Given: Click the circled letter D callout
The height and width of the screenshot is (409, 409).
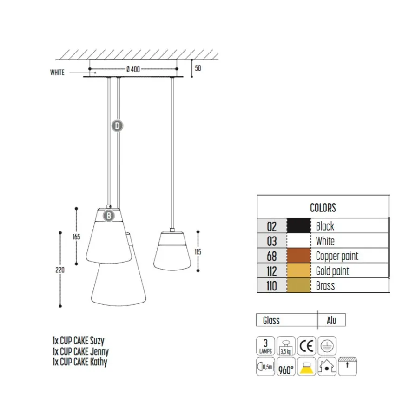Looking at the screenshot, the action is tap(118, 126).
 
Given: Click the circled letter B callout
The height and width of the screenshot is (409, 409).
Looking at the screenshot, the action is tap(109, 216).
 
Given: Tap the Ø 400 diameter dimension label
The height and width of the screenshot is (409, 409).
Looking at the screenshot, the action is tap(133, 69).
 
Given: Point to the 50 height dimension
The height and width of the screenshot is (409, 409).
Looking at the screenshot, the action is tap(198, 68).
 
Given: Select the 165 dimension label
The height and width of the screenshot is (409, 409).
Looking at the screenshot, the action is tap(76, 237).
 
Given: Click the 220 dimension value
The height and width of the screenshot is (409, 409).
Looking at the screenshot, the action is tap(60, 270).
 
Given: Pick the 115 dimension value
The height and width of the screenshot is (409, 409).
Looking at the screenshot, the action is tap(198, 252).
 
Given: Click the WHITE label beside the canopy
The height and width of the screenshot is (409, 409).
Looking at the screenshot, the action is tap(57, 72).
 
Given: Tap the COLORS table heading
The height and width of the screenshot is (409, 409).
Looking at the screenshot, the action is tap(323, 208).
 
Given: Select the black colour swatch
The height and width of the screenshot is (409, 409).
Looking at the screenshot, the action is tap(299, 225).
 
